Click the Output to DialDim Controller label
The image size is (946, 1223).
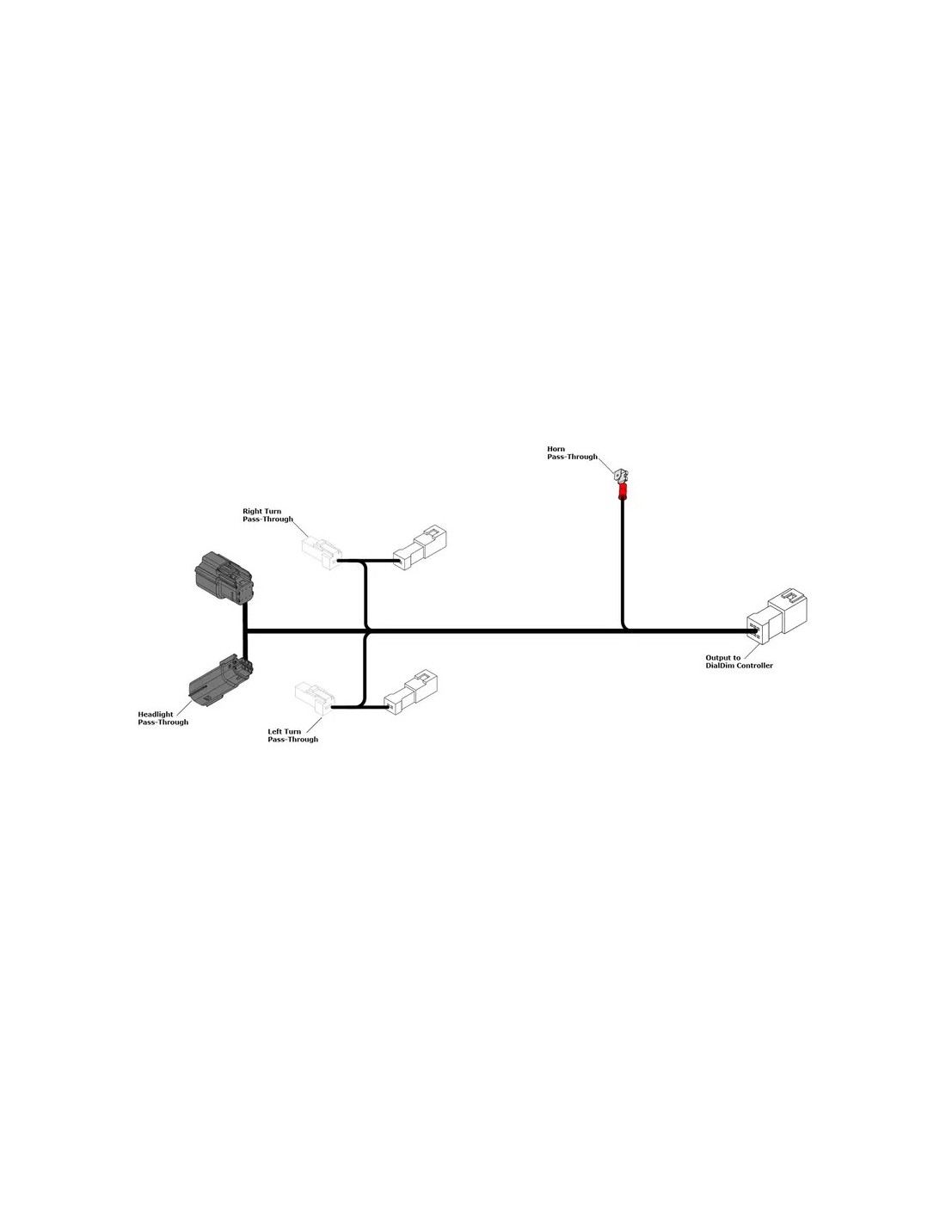tap(739, 661)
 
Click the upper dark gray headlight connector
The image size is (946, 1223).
tap(224, 577)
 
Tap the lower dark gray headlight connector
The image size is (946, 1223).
tap(220, 680)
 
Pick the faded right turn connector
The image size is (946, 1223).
tap(322, 553)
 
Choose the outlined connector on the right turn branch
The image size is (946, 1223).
tap(420, 548)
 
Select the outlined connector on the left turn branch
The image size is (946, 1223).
tap(411, 692)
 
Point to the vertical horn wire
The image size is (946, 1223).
tap(622, 562)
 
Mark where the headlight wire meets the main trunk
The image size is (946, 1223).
tap(245, 631)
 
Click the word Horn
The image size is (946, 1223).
tap(556, 449)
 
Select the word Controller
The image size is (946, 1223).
tap(755, 665)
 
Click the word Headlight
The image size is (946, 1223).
tap(156, 714)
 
